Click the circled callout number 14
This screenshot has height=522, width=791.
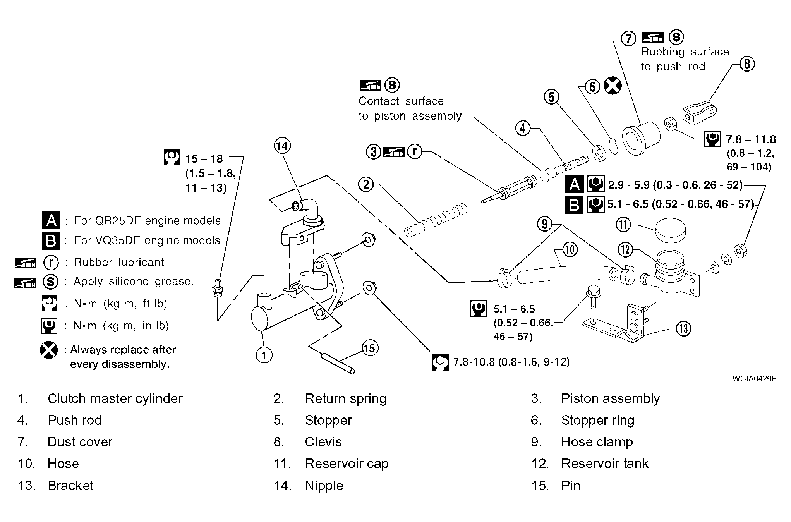282,146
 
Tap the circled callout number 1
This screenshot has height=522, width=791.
264,355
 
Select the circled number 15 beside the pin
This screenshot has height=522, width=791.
369,348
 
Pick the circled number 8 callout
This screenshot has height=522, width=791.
747,64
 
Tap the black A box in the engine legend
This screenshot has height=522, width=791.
51,220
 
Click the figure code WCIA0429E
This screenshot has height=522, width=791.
754,379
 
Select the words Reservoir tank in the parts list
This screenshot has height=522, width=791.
604,464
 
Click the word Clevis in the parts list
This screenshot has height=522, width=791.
323,442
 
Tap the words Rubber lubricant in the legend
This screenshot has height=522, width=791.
119,262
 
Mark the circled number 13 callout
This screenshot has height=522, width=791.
683,329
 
